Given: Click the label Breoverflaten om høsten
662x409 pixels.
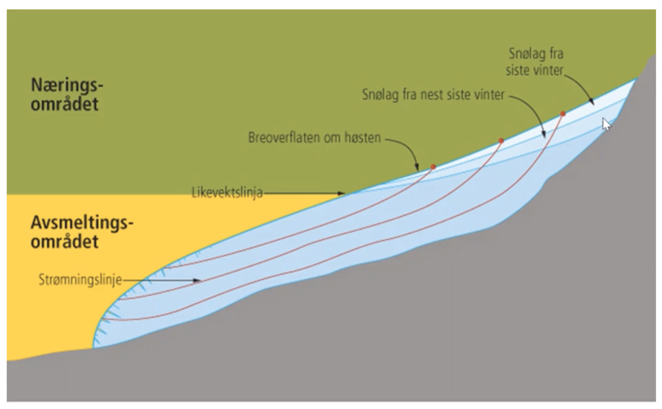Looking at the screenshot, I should tap(315, 138).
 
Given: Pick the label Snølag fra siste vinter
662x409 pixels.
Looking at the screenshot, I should tap(535, 62).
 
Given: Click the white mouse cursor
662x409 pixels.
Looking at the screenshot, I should tap(606, 124).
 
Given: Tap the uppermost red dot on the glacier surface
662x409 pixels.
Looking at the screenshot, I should tap(563, 114).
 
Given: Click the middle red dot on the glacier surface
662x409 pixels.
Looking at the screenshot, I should tap(501, 141).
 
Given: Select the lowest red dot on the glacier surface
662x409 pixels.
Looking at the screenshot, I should tap(433, 167).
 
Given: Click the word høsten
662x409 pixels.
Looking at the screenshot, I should tap(365, 138).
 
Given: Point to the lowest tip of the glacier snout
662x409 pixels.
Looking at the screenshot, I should tap(94, 347).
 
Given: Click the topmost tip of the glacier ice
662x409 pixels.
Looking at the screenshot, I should tap(637, 78).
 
